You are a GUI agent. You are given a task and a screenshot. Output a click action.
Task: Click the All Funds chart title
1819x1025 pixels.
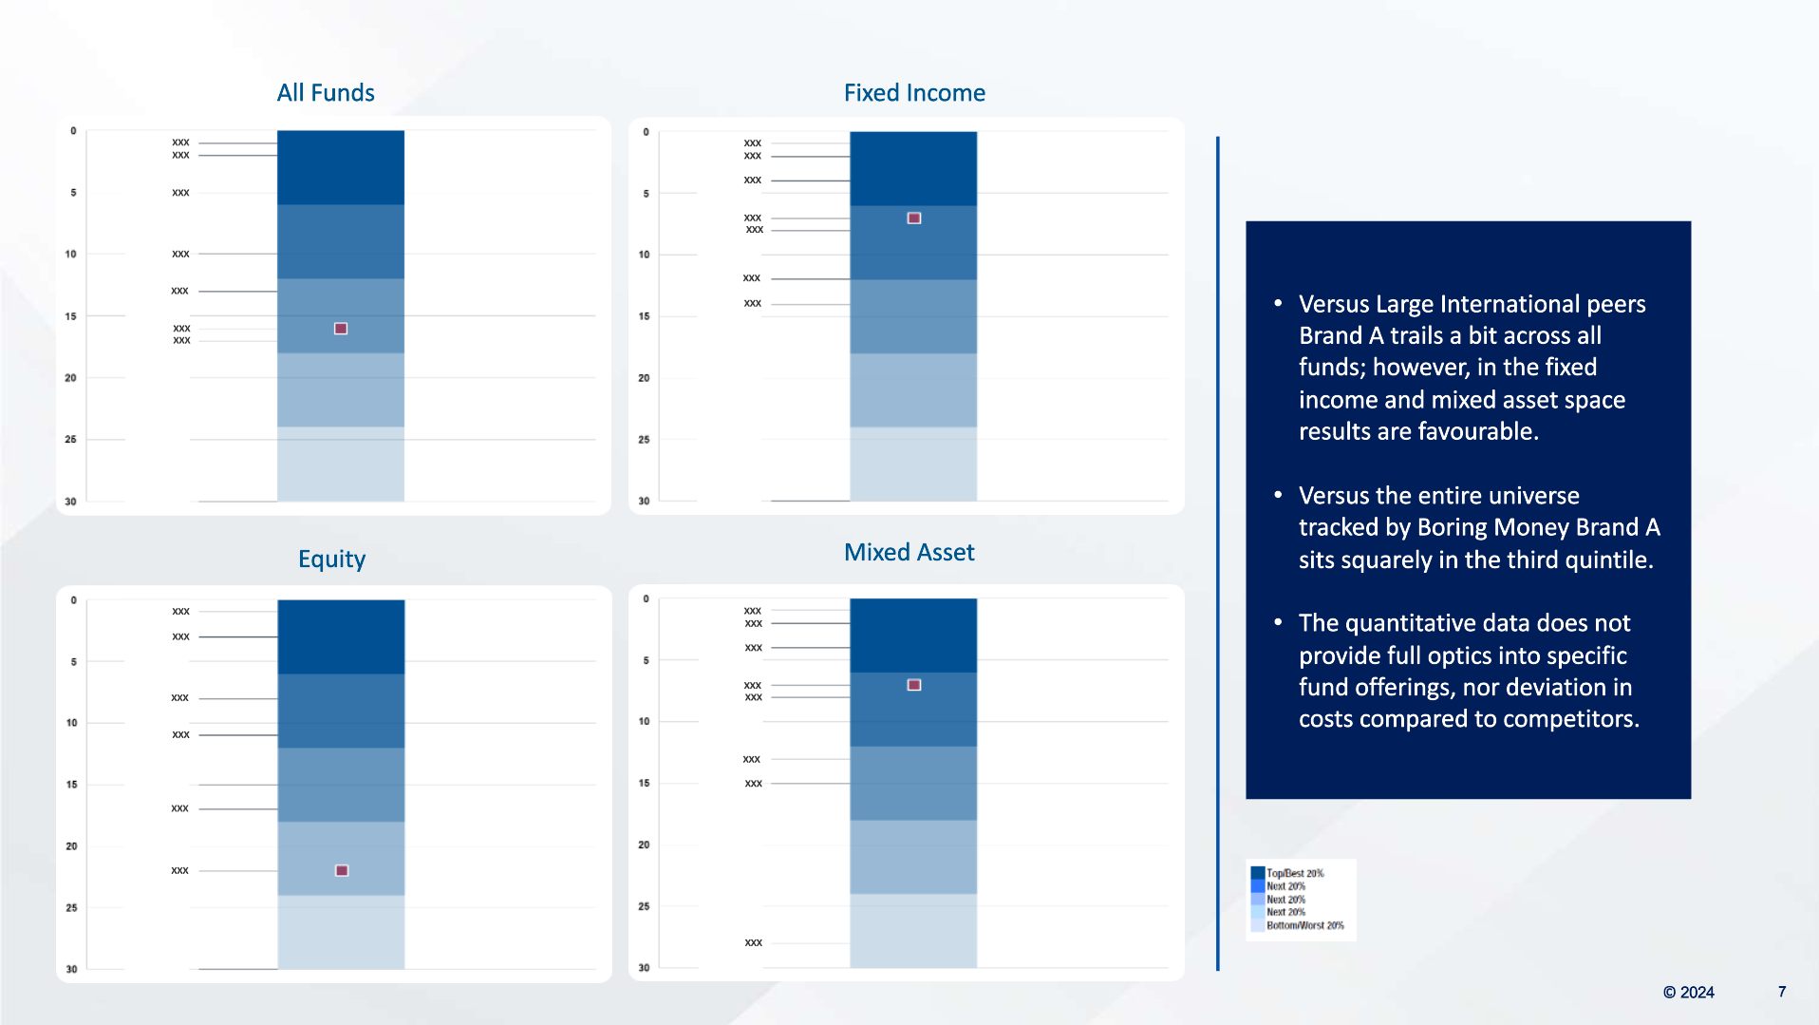coord(326,93)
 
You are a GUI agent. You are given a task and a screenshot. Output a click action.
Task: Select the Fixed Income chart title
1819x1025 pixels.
coord(914,93)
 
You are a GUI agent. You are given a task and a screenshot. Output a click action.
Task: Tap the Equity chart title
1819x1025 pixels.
coord(331,559)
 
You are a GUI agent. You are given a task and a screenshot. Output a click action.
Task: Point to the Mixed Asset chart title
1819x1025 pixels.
coord(909,552)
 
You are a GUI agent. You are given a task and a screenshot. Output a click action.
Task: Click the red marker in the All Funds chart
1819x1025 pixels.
coord(341,329)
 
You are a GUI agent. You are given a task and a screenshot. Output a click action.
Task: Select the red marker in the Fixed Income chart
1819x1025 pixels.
coord(914,218)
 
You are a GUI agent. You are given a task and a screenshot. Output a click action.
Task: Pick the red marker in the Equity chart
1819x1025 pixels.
coord(342,870)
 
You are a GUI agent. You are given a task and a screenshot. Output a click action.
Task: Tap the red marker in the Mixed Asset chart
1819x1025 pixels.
coord(914,685)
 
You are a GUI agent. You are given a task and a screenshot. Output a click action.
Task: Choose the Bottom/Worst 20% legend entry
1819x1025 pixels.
coord(1304,925)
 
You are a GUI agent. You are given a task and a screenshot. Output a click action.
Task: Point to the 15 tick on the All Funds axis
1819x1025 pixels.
coord(71,316)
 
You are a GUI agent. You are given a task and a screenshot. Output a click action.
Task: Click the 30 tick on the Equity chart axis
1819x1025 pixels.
coord(72,969)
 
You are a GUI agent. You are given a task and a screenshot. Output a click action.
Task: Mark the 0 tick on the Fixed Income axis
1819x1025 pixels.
coord(646,132)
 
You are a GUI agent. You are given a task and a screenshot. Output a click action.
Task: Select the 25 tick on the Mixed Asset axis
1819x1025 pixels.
coord(644,906)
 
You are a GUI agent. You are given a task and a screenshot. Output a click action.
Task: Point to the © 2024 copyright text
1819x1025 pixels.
coord(1688,992)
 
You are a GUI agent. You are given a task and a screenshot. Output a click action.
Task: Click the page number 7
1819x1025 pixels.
coord(1782,992)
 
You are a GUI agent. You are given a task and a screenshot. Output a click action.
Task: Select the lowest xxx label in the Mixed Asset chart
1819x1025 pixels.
coord(754,942)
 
